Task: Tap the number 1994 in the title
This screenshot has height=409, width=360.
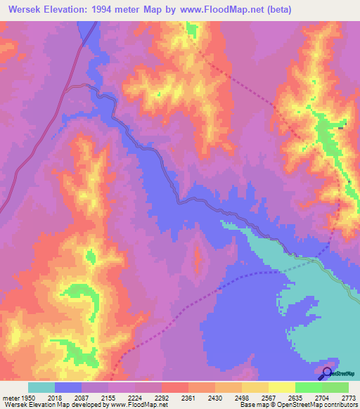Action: pos(109,11)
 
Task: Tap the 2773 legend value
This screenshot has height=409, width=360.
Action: pos(347,397)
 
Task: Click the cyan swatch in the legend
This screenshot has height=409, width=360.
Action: pos(41,387)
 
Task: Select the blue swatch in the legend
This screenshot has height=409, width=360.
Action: pos(68,387)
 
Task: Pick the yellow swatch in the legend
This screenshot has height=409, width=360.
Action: pos(282,387)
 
